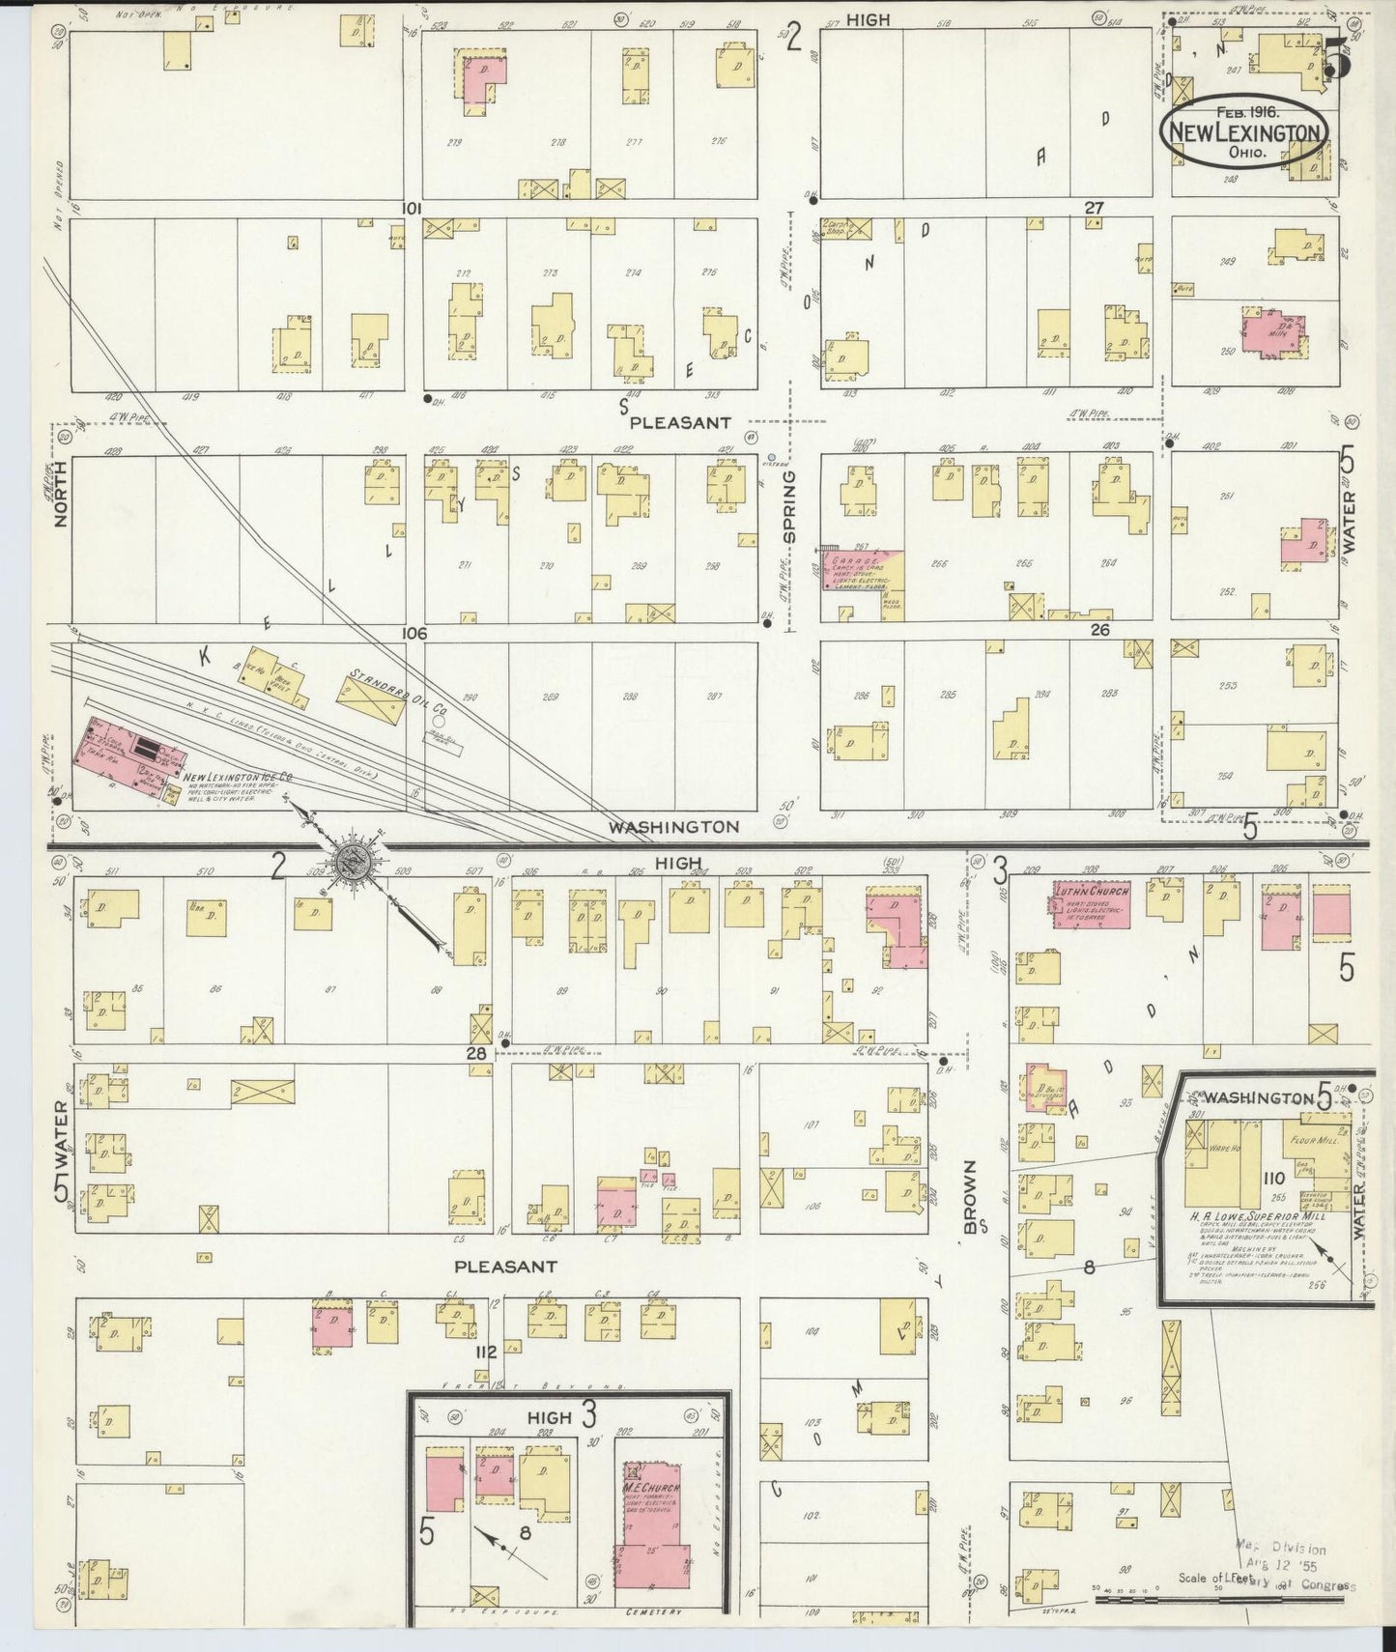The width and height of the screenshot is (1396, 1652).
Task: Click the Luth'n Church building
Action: pos(1091,905)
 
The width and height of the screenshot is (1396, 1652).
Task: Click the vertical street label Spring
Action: pos(789,506)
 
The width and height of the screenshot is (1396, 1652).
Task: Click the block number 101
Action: pos(414,208)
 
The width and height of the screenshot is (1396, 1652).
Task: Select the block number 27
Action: pos(1093,208)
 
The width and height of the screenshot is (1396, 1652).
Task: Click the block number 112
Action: pos(484,1352)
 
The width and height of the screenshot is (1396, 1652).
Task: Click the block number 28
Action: pos(476,1054)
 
